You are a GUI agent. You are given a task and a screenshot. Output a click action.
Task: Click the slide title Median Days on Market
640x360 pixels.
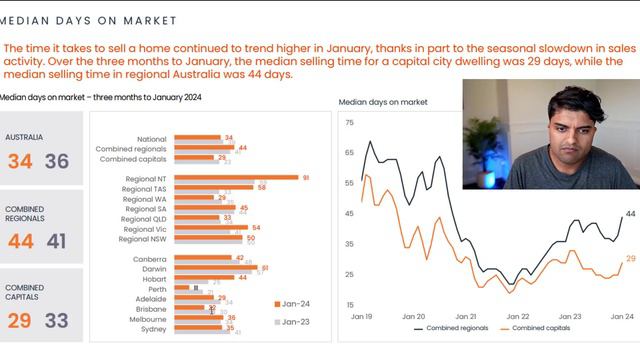coord(89,20)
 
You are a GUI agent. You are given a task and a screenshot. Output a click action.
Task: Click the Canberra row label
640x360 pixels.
coord(149,258)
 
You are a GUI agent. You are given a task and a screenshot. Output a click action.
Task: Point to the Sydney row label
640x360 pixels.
coord(153,328)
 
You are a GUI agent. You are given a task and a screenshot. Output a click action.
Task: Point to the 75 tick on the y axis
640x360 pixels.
coord(349,123)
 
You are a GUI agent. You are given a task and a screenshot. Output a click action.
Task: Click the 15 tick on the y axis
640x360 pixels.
coord(349,305)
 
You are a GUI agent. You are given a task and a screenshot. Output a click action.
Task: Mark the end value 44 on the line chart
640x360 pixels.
coord(630,214)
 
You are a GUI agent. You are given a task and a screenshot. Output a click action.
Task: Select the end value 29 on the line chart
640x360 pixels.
coord(630,259)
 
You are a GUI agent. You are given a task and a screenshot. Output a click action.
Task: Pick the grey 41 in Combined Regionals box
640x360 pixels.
coord(57,241)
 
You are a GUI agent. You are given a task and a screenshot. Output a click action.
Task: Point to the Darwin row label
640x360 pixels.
coord(153,268)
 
